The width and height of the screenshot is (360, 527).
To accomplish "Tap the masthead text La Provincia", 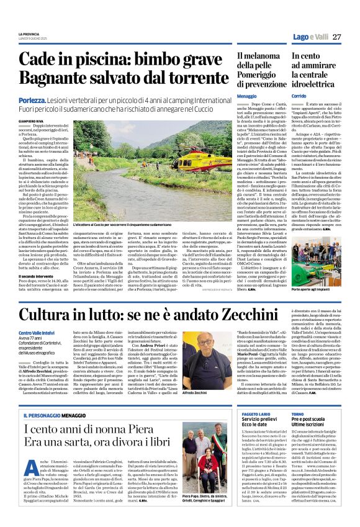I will tap(29, 33).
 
